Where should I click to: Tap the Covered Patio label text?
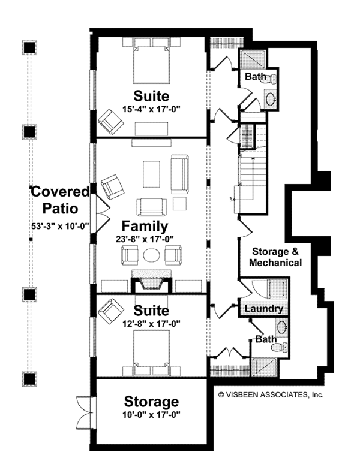pos(60,200)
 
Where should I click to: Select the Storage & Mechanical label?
pos(276,257)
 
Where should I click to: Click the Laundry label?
pos(264,309)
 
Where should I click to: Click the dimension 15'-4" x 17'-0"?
pos(151,109)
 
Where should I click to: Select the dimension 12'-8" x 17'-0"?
pos(151,323)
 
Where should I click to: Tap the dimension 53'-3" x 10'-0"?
pos(60,227)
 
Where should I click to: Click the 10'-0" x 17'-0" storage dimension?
pos(151,414)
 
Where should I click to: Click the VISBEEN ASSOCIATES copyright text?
pos(271,394)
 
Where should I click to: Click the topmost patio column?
pos(28,47)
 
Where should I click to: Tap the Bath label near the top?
pos(254,77)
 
